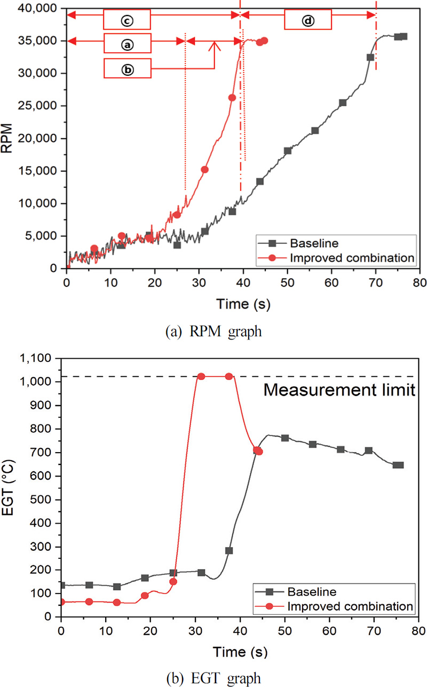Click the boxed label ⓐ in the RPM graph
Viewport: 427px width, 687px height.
[x=127, y=45]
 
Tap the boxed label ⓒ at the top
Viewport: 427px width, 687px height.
[x=127, y=21]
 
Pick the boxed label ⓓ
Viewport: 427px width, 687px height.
[x=308, y=21]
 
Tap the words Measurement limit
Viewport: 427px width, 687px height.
[x=339, y=390]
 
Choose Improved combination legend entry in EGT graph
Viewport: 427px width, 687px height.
[x=350, y=606]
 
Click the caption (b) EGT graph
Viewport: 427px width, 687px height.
[x=213, y=678]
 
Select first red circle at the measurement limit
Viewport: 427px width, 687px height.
[x=202, y=377]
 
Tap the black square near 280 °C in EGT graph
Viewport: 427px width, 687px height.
[x=229, y=550]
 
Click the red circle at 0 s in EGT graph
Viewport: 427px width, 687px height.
[x=62, y=602]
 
